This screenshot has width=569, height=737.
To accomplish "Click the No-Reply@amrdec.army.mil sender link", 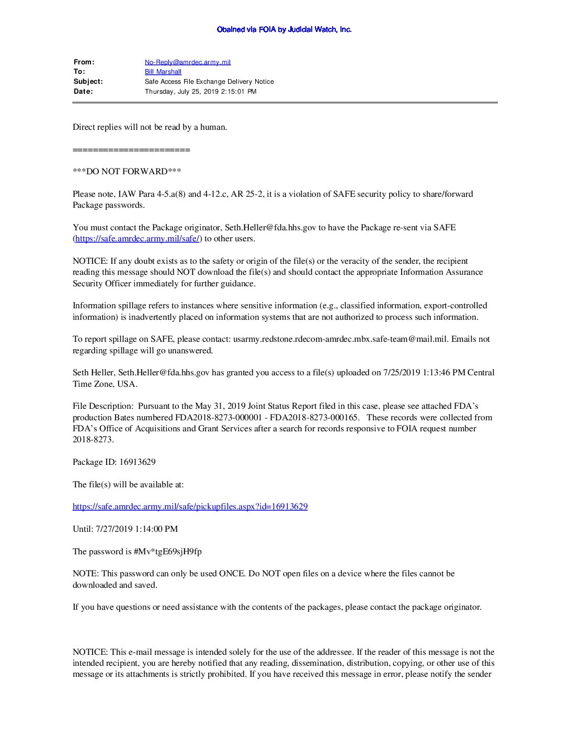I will click(x=187, y=62).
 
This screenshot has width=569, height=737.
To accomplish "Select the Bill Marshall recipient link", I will click(x=163, y=72).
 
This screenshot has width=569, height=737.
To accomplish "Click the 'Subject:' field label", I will click(x=88, y=82).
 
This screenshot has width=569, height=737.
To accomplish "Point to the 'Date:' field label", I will click(x=83, y=92).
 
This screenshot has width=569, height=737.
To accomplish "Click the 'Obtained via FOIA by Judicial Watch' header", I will click(x=284, y=30).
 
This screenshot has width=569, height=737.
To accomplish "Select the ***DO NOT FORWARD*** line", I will click(x=127, y=172).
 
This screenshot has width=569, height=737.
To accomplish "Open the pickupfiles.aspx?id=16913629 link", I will click(x=190, y=507).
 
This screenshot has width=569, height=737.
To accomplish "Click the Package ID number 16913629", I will click(x=138, y=462).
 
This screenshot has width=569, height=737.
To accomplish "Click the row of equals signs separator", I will click(x=131, y=150).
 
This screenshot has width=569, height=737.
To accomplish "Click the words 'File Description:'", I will click(x=103, y=406).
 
